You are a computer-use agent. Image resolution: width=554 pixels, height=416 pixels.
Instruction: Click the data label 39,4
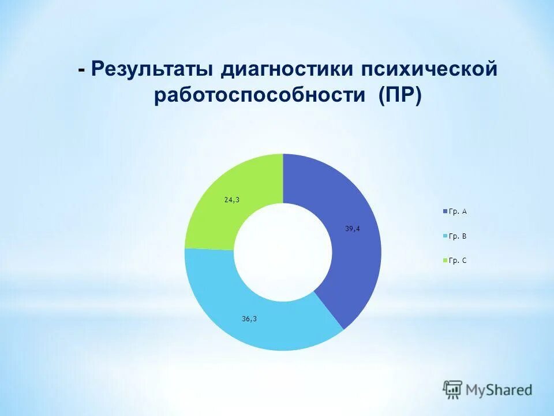(x=353, y=229)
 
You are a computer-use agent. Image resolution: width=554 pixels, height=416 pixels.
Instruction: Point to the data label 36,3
(x=249, y=318)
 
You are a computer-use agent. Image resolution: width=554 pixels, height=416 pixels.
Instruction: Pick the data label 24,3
(x=231, y=200)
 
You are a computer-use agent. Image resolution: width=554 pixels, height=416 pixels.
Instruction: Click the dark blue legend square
(x=444, y=212)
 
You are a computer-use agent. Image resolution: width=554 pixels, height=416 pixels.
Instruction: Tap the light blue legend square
(x=444, y=237)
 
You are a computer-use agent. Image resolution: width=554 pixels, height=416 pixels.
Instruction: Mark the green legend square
(x=444, y=261)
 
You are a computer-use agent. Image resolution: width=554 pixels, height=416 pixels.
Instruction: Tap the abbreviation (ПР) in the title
(x=400, y=95)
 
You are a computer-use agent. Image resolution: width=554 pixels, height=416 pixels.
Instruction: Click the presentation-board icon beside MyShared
(x=453, y=390)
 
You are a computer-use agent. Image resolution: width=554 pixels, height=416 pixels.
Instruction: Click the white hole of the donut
(x=283, y=252)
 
